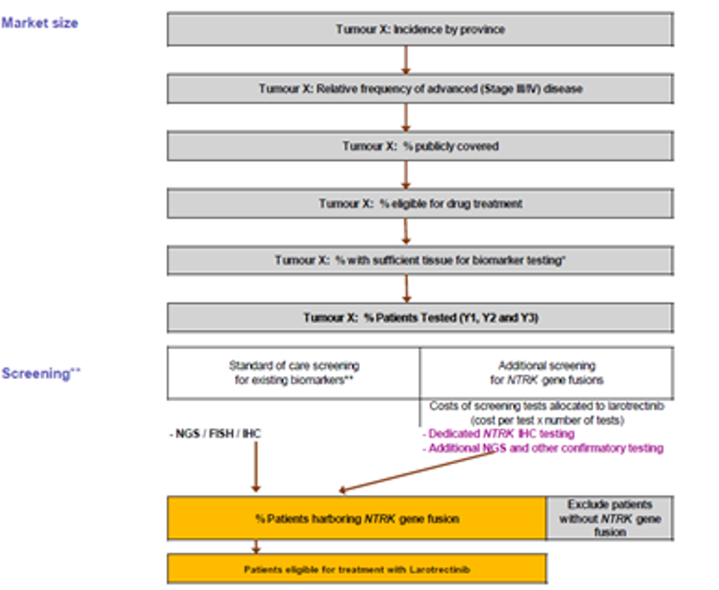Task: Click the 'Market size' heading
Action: pyautogui.click(x=39, y=23)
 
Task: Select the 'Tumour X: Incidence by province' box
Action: pyautogui.click(x=420, y=29)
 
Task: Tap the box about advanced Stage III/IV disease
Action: pyautogui.click(x=420, y=88)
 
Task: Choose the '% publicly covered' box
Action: pyautogui.click(x=420, y=146)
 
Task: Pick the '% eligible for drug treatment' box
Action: pyautogui.click(x=420, y=203)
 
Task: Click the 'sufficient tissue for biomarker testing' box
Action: pyautogui.click(x=420, y=260)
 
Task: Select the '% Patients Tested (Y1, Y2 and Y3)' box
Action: pyautogui.click(x=420, y=317)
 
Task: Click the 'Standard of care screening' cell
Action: pyautogui.click(x=293, y=373)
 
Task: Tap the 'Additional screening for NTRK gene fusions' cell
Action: pyautogui.click(x=546, y=373)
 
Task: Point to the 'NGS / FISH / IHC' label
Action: pyautogui.click(x=214, y=434)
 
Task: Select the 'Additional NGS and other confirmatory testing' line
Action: pyautogui.click(x=541, y=448)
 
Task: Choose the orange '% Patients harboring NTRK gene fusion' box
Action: pyautogui.click(x=356, y=518)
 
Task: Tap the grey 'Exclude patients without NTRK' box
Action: pyautogui.click(x=609, y=518)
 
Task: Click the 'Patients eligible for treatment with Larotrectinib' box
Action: pyautogui.click(x=356, y=568)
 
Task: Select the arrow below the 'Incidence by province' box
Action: pyautogui.click(x=405, y=59)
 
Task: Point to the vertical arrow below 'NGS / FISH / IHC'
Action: pyautogui.click(x=255, y=467)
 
